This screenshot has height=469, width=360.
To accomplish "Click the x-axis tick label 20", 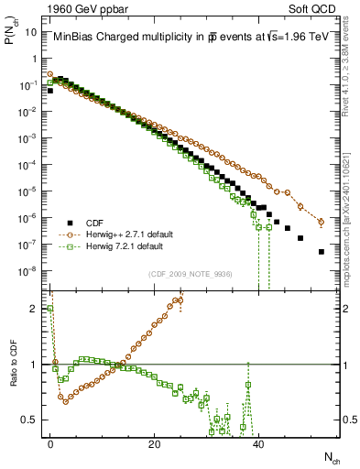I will click(x=154, y=443).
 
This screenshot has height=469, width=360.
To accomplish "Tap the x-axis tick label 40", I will click(x=258, y=443).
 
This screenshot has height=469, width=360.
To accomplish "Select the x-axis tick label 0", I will click(x=50, y=443).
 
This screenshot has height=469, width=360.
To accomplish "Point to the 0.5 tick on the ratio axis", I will click(x=32, y=420).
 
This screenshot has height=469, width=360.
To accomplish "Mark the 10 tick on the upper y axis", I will click(x=32, y=31).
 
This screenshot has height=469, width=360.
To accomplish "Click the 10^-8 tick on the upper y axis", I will click(x=29, y=270).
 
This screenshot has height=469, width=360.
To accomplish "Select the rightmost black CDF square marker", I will click(x=321, y=252).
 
